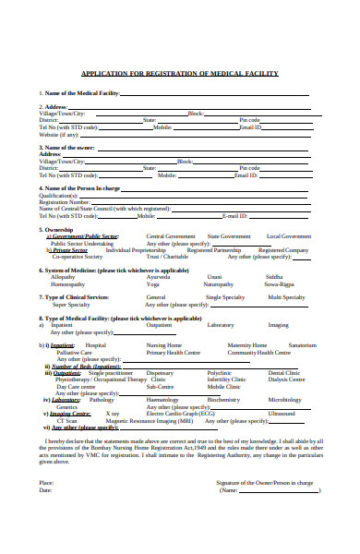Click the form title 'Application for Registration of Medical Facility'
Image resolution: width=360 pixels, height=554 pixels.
pyautogui.click(x=180, y=74)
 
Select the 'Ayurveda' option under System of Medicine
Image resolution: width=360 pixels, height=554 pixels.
pyautogui.click(x=159, y=277)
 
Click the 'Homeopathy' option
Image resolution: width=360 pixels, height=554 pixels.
pyautogui.click(x=67, y=284)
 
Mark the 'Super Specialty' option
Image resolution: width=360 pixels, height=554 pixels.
pyautogui.click(x=72, y=305)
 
